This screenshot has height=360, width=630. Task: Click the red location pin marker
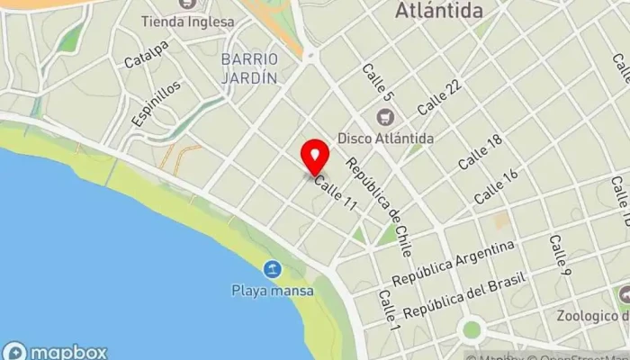click(x=314, y=157)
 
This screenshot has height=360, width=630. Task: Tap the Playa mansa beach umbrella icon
click(x=272, y=269)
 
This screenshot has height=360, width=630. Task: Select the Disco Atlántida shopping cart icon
click(x=386, y=117)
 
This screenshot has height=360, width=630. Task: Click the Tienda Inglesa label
click(x=188, y=21)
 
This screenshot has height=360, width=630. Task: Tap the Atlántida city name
click(x=438, y=11)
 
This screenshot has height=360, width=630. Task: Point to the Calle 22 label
click(x=440, y=96)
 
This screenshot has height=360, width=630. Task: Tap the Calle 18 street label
click(x=479, y=153)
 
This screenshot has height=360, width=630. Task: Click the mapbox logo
click(x=56, y=352)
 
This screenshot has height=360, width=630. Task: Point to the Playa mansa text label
click(x=272, y=291)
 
